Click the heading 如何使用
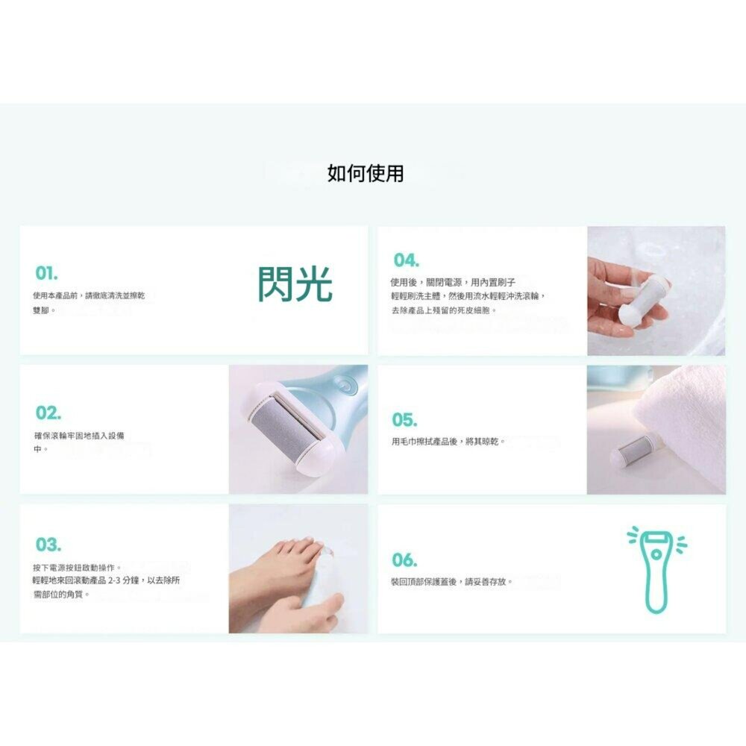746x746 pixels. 366,173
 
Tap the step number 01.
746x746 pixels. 47,273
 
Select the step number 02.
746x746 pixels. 48,413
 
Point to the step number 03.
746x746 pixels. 48,545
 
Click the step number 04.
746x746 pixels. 407,260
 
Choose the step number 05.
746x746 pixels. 405,420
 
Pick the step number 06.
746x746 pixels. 405,560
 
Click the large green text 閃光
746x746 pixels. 295,284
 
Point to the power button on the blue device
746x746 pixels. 343,385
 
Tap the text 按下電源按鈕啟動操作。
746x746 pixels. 77,568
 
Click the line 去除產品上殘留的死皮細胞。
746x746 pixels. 444,310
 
